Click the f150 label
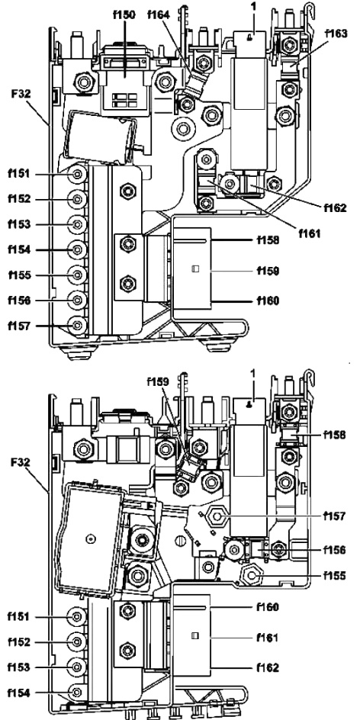click(124, 14)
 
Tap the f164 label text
click(159, 14)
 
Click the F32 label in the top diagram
click(21, 94)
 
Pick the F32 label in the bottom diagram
click(21, 461)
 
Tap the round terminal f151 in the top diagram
click(77, 174)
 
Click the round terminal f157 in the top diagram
click(77, 325)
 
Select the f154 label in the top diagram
click(19, 250)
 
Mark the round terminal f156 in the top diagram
click(77, 300)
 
